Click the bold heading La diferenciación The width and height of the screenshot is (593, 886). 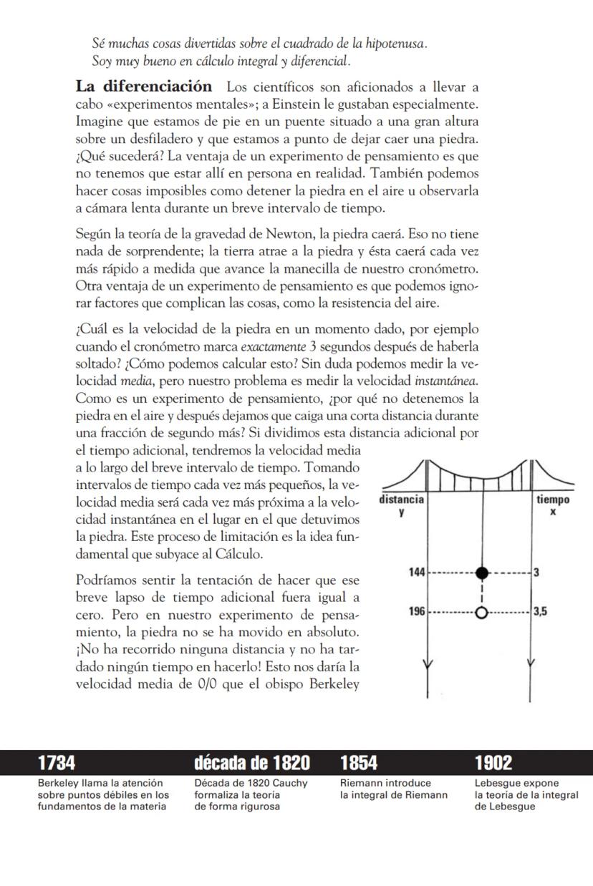144,87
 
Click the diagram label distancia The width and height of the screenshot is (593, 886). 401,499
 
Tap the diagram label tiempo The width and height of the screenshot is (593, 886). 554,500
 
